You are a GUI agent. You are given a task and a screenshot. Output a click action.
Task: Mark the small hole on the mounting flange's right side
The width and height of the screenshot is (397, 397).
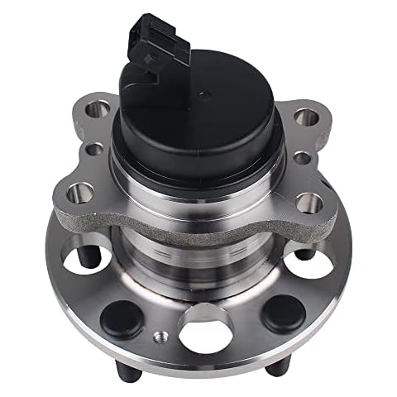click(x=303, y=156)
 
